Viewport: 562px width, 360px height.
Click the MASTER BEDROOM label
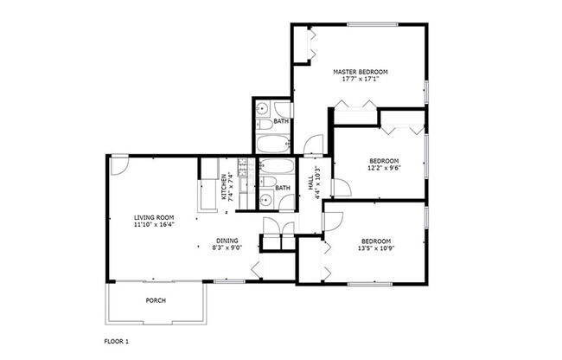pyautogui.click(x=361, y=71)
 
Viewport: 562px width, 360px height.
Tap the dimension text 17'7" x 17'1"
pyautogui.click(x=361, y=79)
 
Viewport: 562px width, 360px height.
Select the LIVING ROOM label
pyautogui.click(x=155, y=217)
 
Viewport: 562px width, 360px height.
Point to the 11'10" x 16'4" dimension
pyautogui.click(x=155, y=225)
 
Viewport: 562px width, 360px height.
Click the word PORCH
pyautogui.click(x=156, y=301)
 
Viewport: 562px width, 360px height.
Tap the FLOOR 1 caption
pyautogui.click(x=117, y=342)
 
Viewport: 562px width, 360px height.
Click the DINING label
pyautogui.click(x=227, y=240)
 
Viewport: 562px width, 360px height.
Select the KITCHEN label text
pyautogui.click(x=223, y=187)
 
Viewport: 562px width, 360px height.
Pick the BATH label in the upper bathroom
pyautogui.click(x=281, y=122)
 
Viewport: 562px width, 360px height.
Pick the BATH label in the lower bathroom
pyautogui.click(x=282, y=188)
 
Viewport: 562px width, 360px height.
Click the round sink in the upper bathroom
pyautogui.click(x=263, y=109)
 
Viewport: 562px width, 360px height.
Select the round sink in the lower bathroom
pyautogui.click(x=265, y=201)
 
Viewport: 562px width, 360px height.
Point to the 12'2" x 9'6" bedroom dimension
pyautogui.click(x=384, y=169)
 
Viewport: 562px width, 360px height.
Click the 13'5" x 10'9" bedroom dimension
pyautogui.click(x=376, y=248)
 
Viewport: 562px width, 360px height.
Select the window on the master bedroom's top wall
pyautogui.click(x=372, y=24)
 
